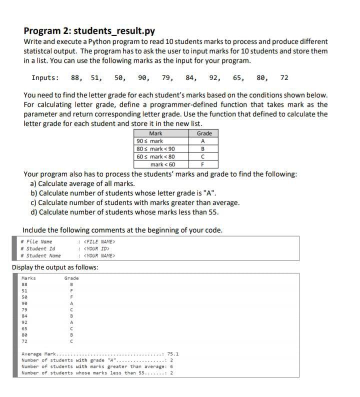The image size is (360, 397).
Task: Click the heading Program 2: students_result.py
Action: (89, 30)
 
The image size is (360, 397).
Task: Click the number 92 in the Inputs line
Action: (214, 77)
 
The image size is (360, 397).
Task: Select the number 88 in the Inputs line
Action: (76, 77)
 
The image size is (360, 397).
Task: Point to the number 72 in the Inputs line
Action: (284, 77)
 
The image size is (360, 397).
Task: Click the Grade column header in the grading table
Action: (204, 133)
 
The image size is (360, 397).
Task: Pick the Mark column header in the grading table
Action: (155, 133)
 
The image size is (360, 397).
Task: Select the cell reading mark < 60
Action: (162, 164)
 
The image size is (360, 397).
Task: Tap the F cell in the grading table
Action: (202, 164)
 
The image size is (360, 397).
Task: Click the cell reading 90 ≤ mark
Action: (149, 141)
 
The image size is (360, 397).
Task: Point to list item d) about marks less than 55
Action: (124, 211)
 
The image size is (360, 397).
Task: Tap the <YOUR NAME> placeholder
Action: (99, 255)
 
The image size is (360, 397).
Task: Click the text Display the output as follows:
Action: (55, 267)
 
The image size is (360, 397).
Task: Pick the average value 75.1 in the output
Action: (173, 353)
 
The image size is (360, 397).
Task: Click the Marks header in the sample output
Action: (28, 278)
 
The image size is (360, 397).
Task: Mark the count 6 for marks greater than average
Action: (171, 366)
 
